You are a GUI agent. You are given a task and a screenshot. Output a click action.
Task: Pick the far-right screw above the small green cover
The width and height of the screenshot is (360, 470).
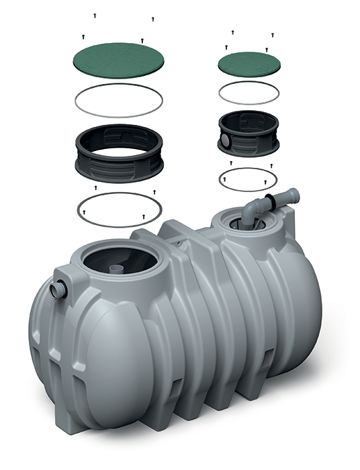click(x=272, y=34)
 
